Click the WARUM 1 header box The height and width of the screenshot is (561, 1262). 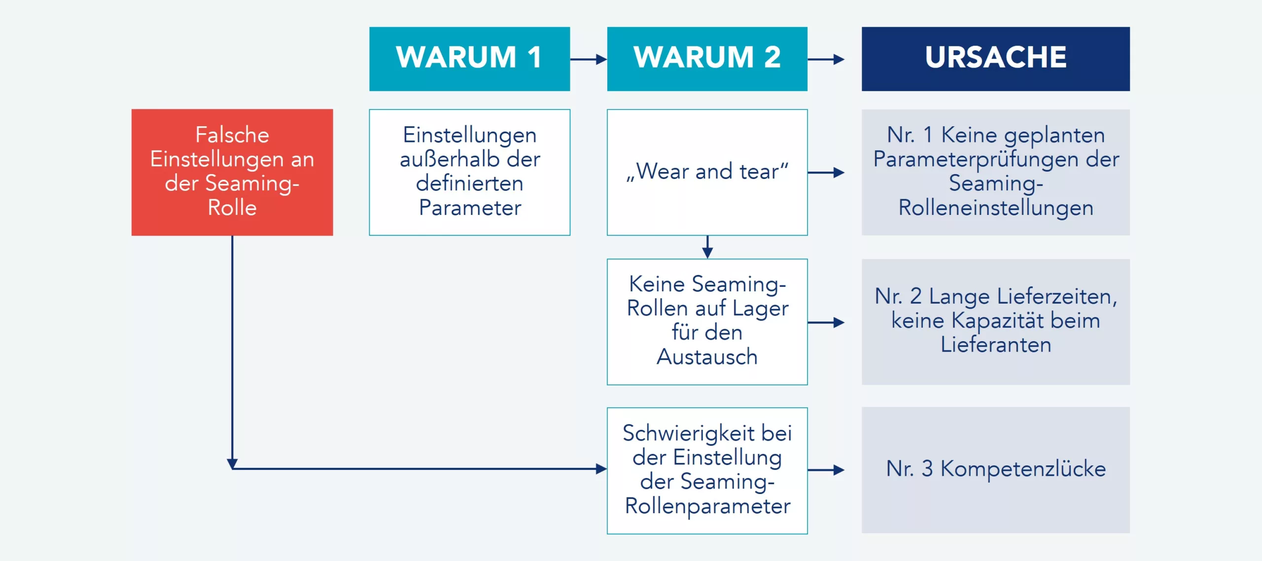(x=469, y=59)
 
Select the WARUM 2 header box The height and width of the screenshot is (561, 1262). (x=707, y=59)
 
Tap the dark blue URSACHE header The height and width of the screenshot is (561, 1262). (x=995, y=59)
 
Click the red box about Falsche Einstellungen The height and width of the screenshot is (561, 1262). (x=232, y=172)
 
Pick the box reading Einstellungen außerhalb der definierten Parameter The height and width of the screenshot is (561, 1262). (x=469, y=172)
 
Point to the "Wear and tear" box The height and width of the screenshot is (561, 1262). (x=707, y=172)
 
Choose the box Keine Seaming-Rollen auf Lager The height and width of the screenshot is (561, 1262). (x=707, y=321)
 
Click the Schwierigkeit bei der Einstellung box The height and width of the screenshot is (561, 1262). (x=707, y=470)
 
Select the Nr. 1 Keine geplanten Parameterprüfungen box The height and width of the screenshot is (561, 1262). (x=995, y=172)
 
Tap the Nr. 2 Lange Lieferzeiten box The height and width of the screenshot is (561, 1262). (x=995, y=321)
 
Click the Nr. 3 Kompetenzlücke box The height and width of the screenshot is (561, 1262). (x=995, y=469)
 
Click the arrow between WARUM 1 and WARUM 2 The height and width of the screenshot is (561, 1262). (x=588, y=59)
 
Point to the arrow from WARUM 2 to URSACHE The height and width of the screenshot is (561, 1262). (x=826, y=59)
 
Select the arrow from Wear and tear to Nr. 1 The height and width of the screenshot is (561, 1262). (x=826, y=173)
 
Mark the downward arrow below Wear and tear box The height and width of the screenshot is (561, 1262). (x=707, y=247)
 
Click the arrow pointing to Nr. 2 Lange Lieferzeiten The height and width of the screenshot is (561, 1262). (x=826, y=322)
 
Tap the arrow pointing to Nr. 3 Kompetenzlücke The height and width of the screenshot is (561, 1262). (x=826, y=470)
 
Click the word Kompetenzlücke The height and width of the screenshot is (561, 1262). (x=1023, y=469)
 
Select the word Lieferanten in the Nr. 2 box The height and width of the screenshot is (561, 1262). (x=995, y=345)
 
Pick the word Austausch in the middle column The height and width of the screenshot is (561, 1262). (x=707, y=357)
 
